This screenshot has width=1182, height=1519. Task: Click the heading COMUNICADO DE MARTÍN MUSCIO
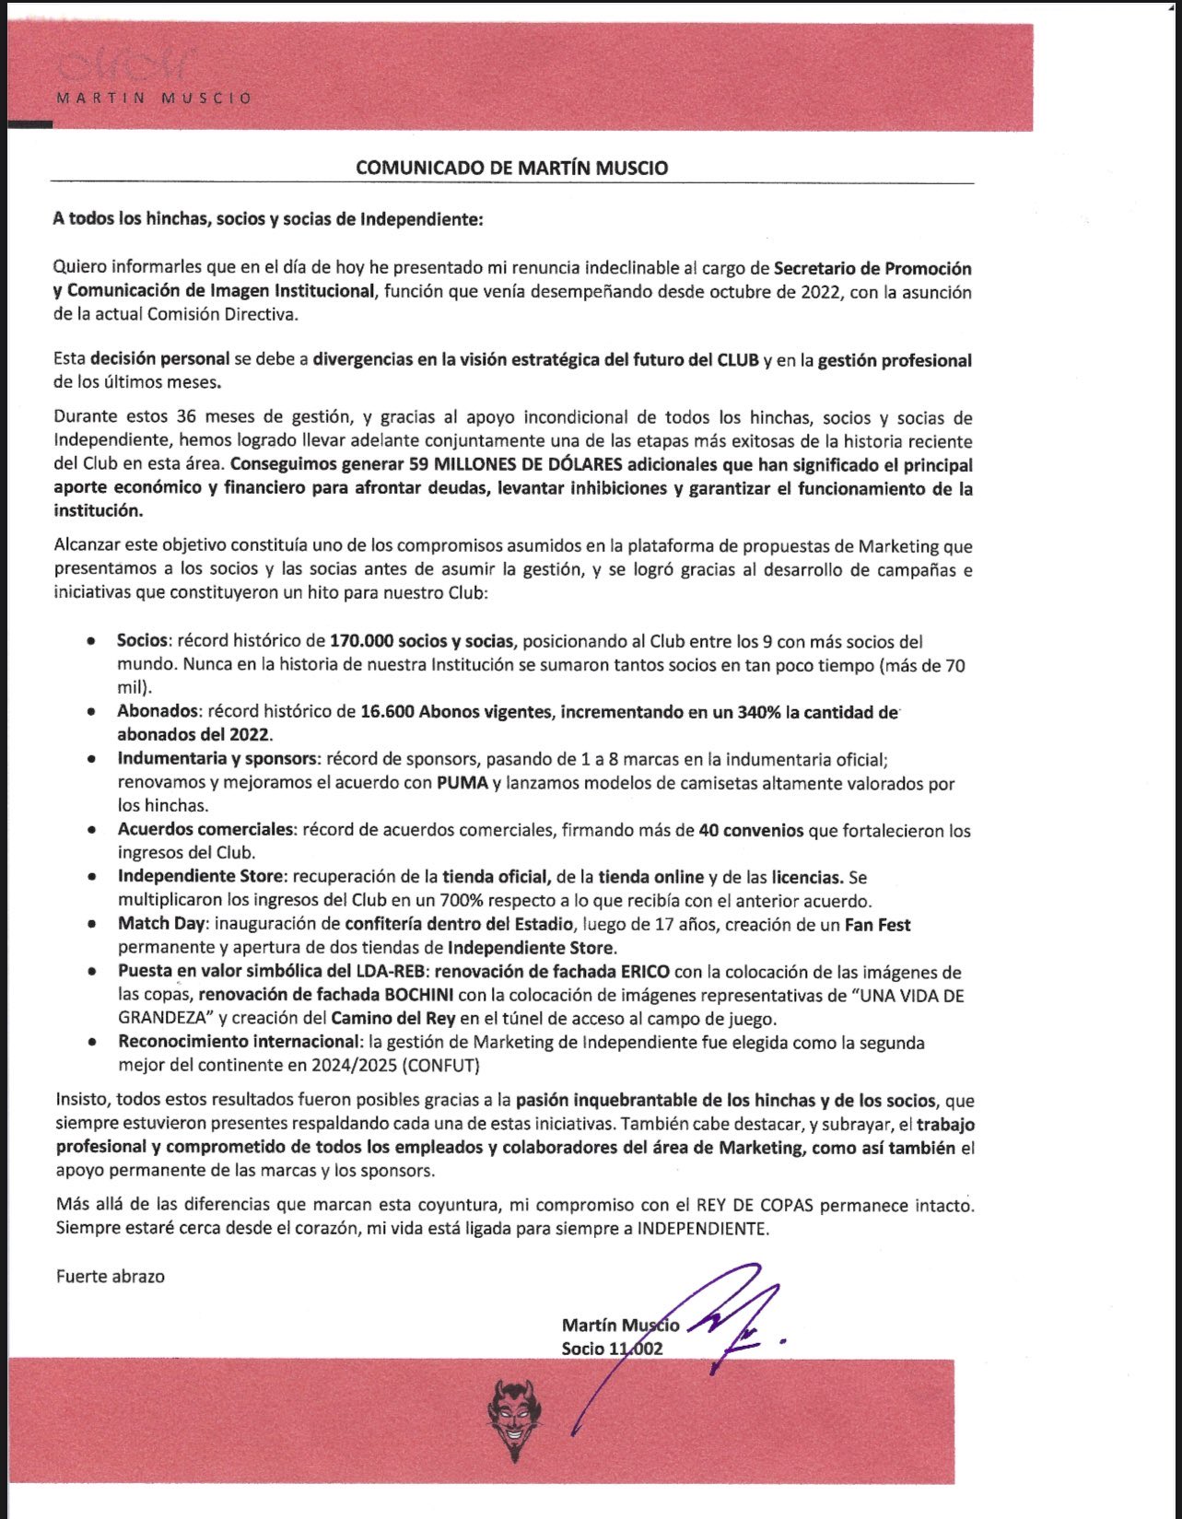click(x=512, y=168)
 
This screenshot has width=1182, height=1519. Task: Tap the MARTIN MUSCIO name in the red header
click(x=154, y=98)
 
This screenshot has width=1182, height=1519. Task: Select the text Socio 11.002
click(x=612, y=1349)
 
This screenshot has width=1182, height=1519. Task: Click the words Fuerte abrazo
click(x=111, y=1276)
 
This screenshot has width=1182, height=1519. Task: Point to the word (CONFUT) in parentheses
click(x=442, y=1066)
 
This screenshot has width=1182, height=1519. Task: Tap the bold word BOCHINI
click(x=418, y=995)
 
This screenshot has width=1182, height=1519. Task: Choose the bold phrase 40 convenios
click(x=751, y=830)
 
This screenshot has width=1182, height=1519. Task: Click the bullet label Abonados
click(x=158, y=711)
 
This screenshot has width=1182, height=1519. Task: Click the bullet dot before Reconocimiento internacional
click(x=91, y=1042)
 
